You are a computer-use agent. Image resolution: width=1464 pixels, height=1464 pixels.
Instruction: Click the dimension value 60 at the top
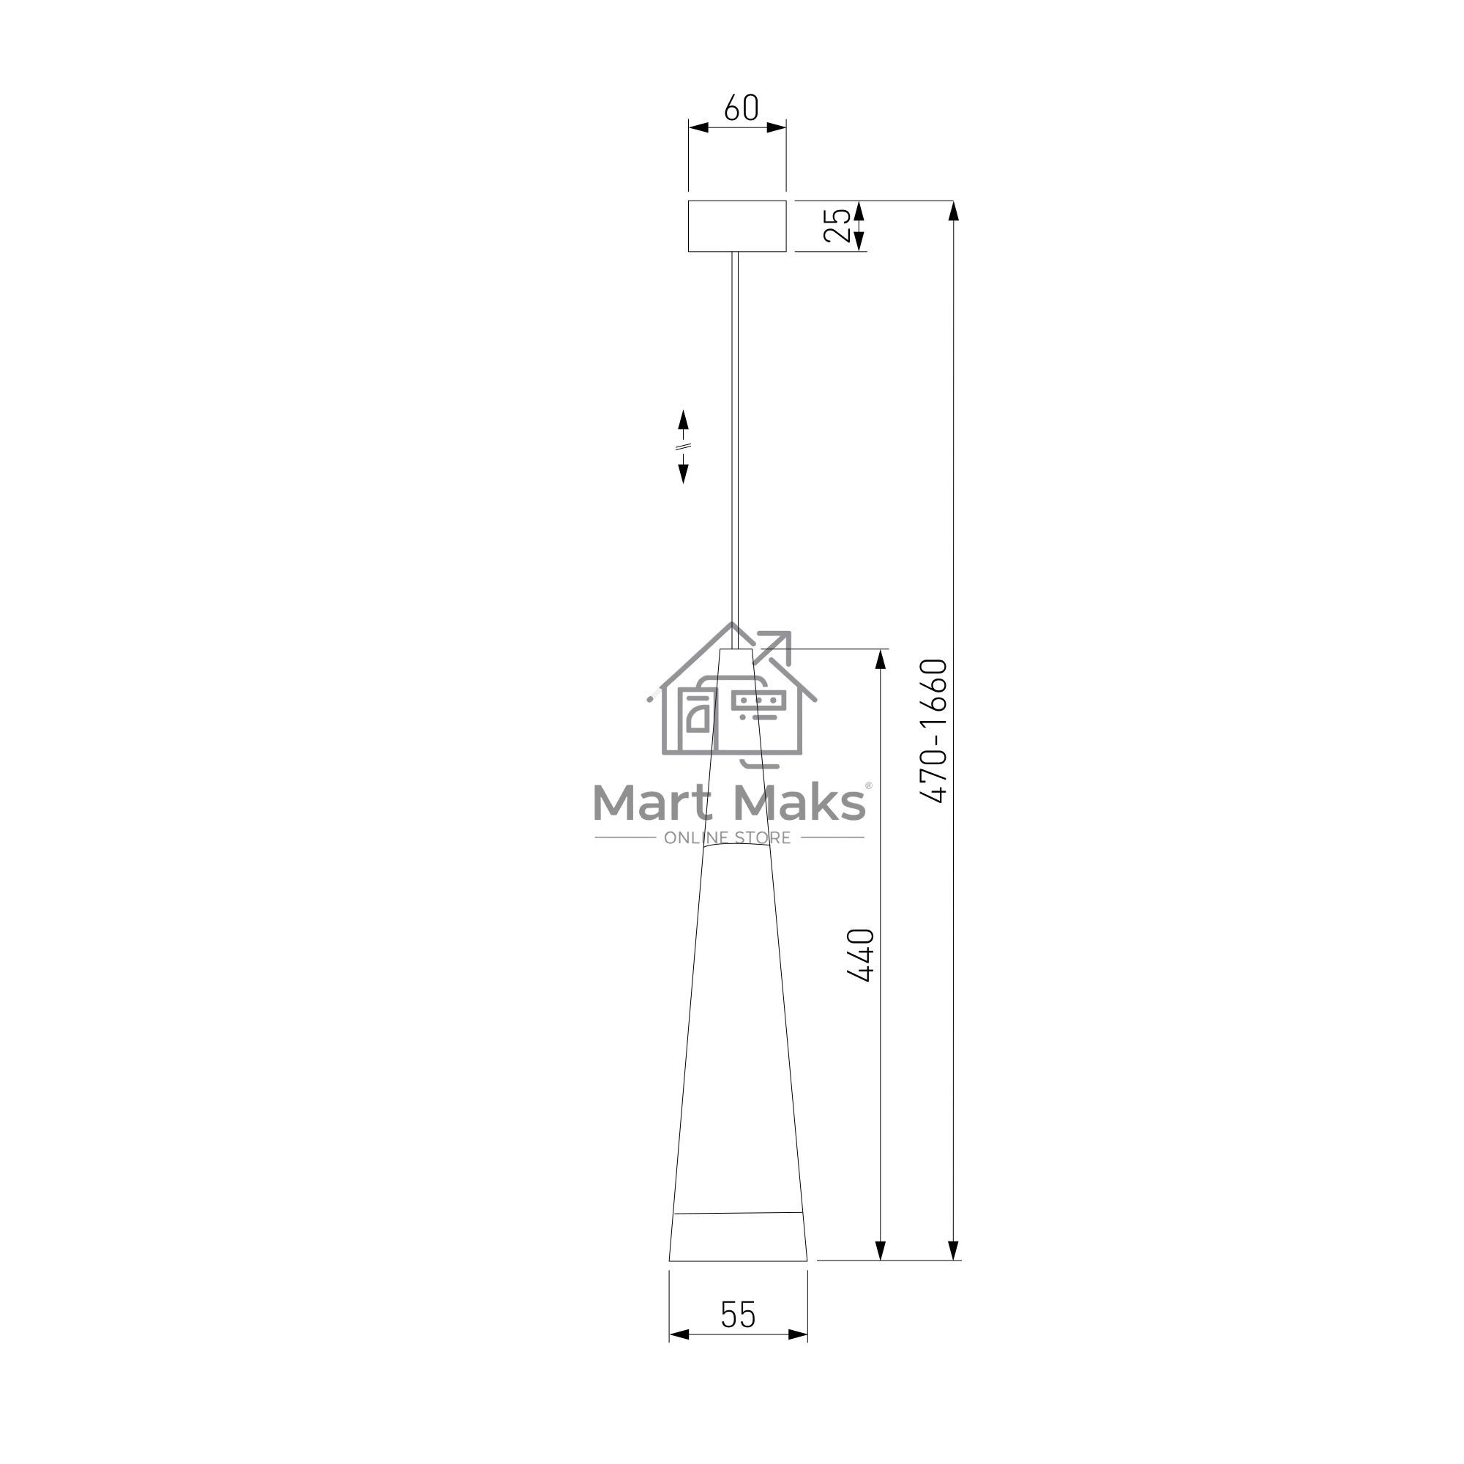[x=741, y=108]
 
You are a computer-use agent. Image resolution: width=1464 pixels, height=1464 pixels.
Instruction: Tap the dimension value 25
[x=837, y=225]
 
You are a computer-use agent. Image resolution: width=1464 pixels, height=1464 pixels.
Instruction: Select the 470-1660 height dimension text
[x=933, y=731]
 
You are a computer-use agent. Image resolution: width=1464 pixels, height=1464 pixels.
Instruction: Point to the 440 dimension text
[x=861, y=955]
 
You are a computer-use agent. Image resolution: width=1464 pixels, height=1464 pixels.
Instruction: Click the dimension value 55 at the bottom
[x=738, y=1315]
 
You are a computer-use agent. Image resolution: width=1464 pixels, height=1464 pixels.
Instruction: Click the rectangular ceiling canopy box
[x=736, y=225]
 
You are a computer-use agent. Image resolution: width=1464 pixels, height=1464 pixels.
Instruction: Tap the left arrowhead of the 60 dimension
[x=698, y=127]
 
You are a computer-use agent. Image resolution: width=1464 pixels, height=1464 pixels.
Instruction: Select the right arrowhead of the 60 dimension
[x=776, y=127]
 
